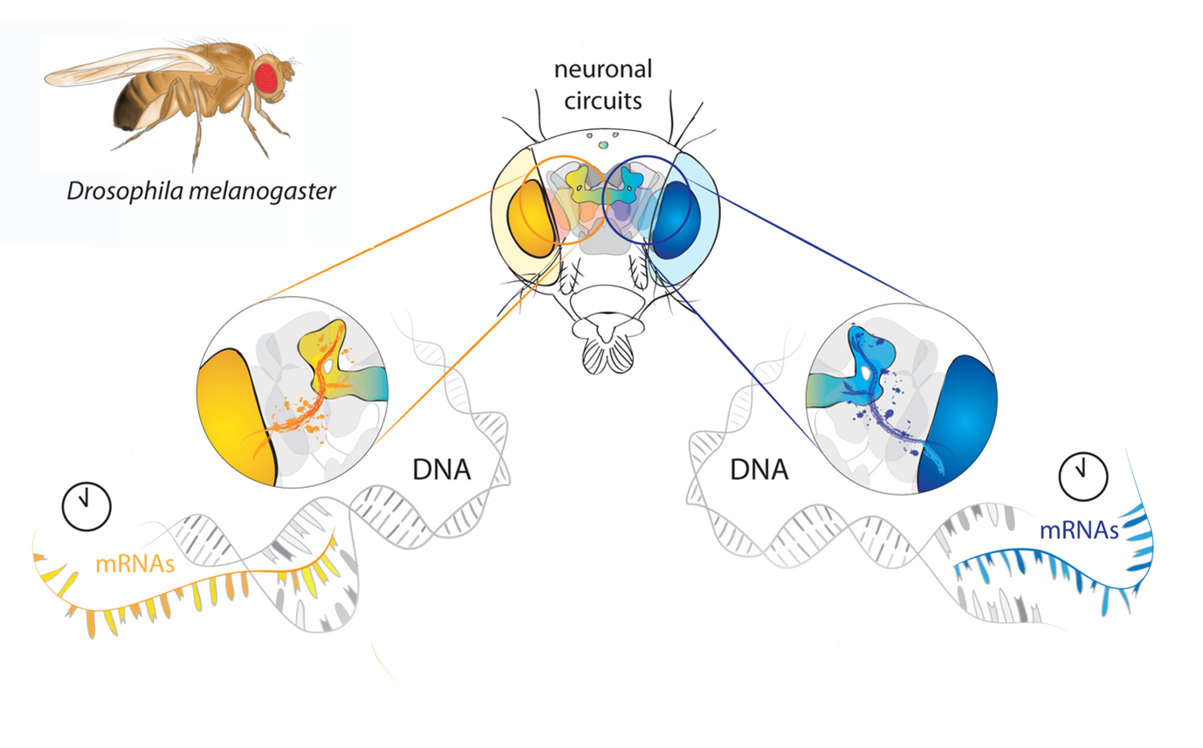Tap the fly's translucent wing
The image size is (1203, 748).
click(x=122, y=66)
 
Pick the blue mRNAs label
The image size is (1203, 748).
click(x=1079, y=529)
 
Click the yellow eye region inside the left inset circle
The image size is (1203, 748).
click(x=231, y=419)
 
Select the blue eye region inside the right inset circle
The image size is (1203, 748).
click(x=960, y=419)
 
